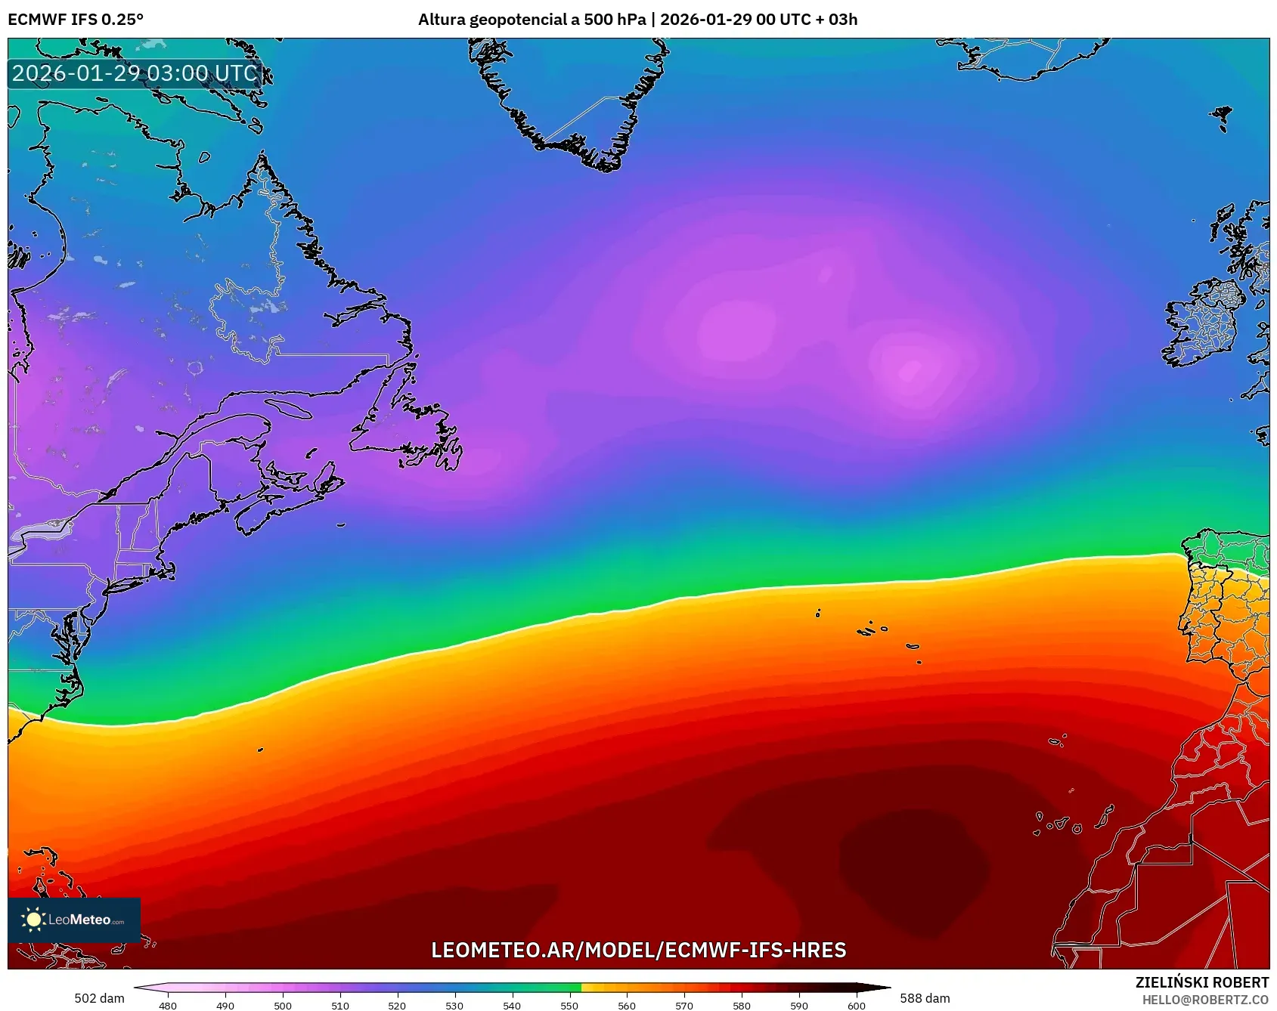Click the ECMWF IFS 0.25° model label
pyautogui.click(x=76, y=20)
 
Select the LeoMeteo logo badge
pyautogui.click(x=74, y=920)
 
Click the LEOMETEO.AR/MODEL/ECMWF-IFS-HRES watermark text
pyautogui.click(x=638, y=950)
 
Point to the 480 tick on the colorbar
pyautogui.click(x=168, y=1005)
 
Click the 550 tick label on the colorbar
pyautogui.click(x=569, y=1005)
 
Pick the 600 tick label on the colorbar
pyautogui.click(x=856, y=1005)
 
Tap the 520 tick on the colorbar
pyautogui.click(x=397, y=1005)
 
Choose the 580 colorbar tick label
pyautogui.click(x=742, y=1005)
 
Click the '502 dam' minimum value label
pyautogui.click(x=99, y=998)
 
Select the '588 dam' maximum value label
pyautogui.click(x=925, y=998)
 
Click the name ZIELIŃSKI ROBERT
pyautogui.click(x=1201, y=982)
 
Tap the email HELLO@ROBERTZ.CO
pyautogui.click(x=1204, y=1000)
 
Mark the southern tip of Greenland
pyautogui.click(x=605, y=165)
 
